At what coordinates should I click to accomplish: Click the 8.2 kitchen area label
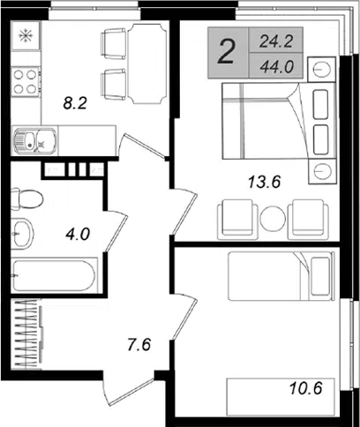click(75, 103)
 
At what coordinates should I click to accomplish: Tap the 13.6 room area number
click(265, 182)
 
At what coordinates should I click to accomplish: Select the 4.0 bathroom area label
click(78, 235)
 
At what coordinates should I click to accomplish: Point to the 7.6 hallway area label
click(139, 344)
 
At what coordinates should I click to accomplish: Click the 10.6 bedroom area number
click(306, 388)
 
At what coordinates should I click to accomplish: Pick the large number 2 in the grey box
click(226, 52)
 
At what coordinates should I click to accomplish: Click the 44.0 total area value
click(277, 67)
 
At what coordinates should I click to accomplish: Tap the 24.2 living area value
click(276, 41)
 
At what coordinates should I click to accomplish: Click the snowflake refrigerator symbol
click(26, 35)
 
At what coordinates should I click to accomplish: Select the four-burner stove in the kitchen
click(26, 81)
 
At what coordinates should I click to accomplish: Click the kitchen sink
click(34, 140)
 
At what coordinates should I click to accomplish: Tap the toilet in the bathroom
click(27, 199)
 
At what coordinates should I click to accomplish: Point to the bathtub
click(54, 275)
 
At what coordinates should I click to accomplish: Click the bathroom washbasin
click(22, 234)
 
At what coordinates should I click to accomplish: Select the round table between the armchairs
click(273, 219)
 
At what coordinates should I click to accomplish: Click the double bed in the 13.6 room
click(279, 121)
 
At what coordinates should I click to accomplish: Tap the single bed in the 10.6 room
click(281, 276)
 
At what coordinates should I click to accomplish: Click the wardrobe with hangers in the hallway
click(27, 333)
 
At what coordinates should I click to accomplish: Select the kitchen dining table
click(147, 64)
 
